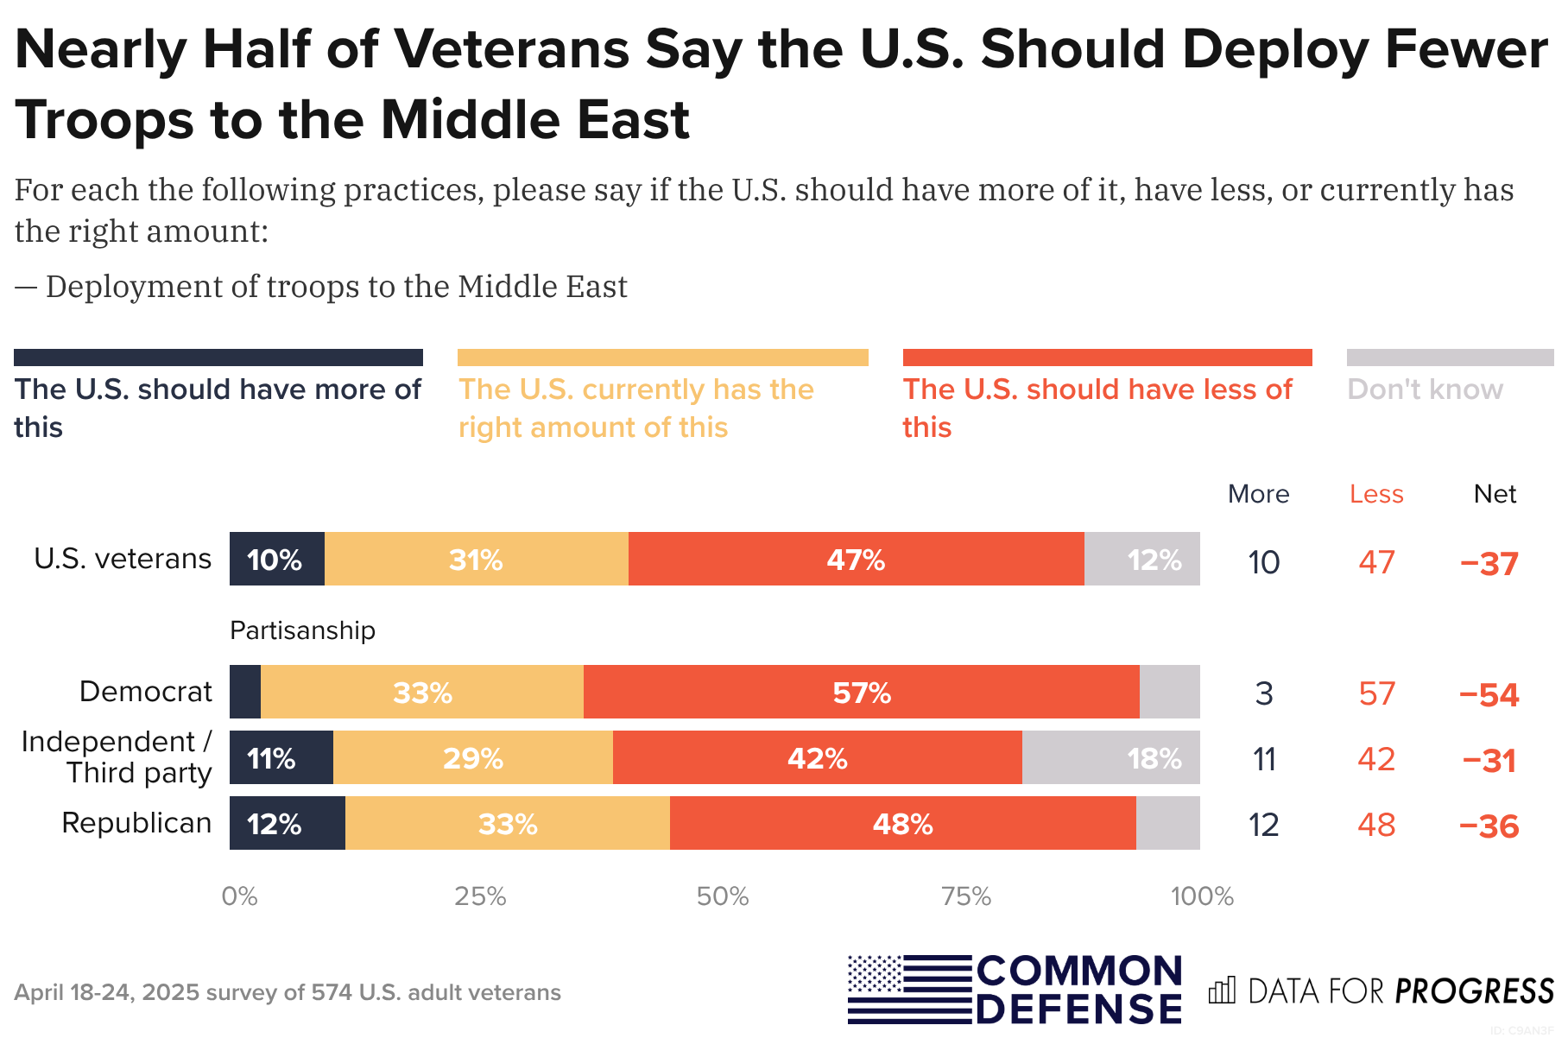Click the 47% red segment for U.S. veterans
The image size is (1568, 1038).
coord(856,560)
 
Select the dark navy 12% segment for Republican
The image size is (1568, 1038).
coord(287,824)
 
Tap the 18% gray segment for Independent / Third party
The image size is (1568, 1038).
coord(1110,758)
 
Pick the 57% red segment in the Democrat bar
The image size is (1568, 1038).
coord(861,693)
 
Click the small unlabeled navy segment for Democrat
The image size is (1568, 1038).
coord(245,693)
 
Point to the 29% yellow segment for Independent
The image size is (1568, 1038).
coord(472,758)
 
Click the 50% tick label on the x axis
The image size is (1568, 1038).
coord(723,896)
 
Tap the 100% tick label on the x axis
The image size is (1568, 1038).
coord(1202,896)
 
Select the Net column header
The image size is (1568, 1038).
coord(1495,494)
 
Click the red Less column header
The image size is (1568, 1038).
coord(1376,494)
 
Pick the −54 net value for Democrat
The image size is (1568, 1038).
coord(1489,695)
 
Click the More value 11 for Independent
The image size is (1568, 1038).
coord(1264,760)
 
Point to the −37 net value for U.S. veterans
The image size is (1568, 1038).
coord(1489,564)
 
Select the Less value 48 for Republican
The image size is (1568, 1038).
coord(1376,825)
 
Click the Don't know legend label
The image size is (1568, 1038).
coord(1425,389)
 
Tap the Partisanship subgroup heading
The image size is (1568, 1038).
coord(302,630)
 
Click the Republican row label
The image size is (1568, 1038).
coord(136,823)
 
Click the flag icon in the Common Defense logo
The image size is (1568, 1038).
coord(908,990)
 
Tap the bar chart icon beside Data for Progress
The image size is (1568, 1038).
coord(1222,991)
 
